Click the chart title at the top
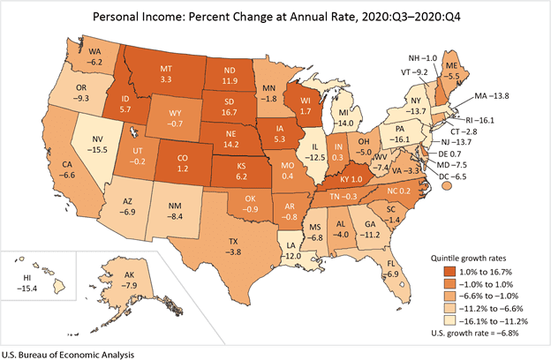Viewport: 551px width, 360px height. point(276,17)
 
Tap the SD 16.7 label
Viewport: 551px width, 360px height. point(229,107)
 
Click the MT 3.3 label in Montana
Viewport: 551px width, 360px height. point(166,74)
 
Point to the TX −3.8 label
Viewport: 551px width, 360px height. point(233,246)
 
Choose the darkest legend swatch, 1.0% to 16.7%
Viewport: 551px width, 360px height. point(449,272)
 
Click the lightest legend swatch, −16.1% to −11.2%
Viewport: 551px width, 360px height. point(449,320)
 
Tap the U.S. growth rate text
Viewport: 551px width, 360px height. point(475,333)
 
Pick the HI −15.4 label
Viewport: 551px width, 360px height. point(27,283)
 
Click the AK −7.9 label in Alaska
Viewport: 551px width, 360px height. point(129,281)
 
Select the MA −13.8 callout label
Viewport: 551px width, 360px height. point(492,95)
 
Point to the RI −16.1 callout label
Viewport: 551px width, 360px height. point(480,120)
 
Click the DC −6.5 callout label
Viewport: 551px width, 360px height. point(452,176)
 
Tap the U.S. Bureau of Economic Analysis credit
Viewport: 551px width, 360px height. point(68,355)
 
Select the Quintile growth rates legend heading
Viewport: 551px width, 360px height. point(468,259)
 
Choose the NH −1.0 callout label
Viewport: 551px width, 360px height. point(423,58)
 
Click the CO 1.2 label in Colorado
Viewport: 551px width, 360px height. point(183,163)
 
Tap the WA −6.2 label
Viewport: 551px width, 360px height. point(94,56)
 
